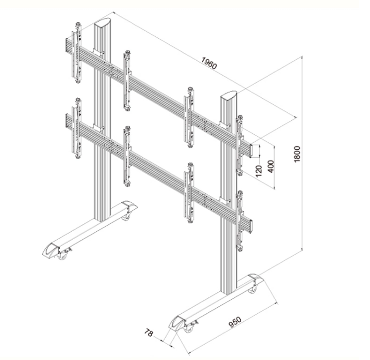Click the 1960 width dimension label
coord(209,64)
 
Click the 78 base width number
coord(149,333)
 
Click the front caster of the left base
coord(63,256)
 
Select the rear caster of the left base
coord(125,216)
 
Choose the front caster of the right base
coord(190,327)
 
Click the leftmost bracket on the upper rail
coord(78,52)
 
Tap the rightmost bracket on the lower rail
coord(240,221)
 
